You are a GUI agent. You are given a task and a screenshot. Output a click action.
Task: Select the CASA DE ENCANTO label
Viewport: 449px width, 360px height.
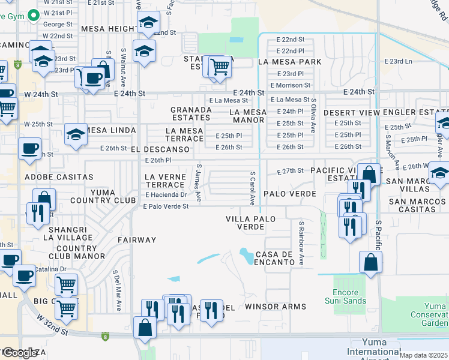point(274,259)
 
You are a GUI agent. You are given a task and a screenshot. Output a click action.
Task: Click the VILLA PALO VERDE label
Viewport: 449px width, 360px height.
point(251,223)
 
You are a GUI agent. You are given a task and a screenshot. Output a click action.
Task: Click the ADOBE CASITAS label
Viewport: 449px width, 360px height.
point(59,177)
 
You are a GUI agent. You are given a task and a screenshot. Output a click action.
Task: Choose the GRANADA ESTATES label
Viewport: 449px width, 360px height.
point(191,113)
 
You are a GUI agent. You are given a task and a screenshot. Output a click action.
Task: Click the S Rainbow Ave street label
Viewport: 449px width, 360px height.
point(302,243)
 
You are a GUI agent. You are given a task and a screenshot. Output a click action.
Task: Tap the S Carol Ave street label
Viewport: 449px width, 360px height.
point(253,187)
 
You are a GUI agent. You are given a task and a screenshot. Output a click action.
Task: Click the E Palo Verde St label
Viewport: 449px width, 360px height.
point(166,206)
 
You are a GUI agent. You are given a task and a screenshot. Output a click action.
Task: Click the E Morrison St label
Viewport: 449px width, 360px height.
point(290,85)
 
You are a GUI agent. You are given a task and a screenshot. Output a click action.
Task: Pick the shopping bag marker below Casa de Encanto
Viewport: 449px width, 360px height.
point(371,262)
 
